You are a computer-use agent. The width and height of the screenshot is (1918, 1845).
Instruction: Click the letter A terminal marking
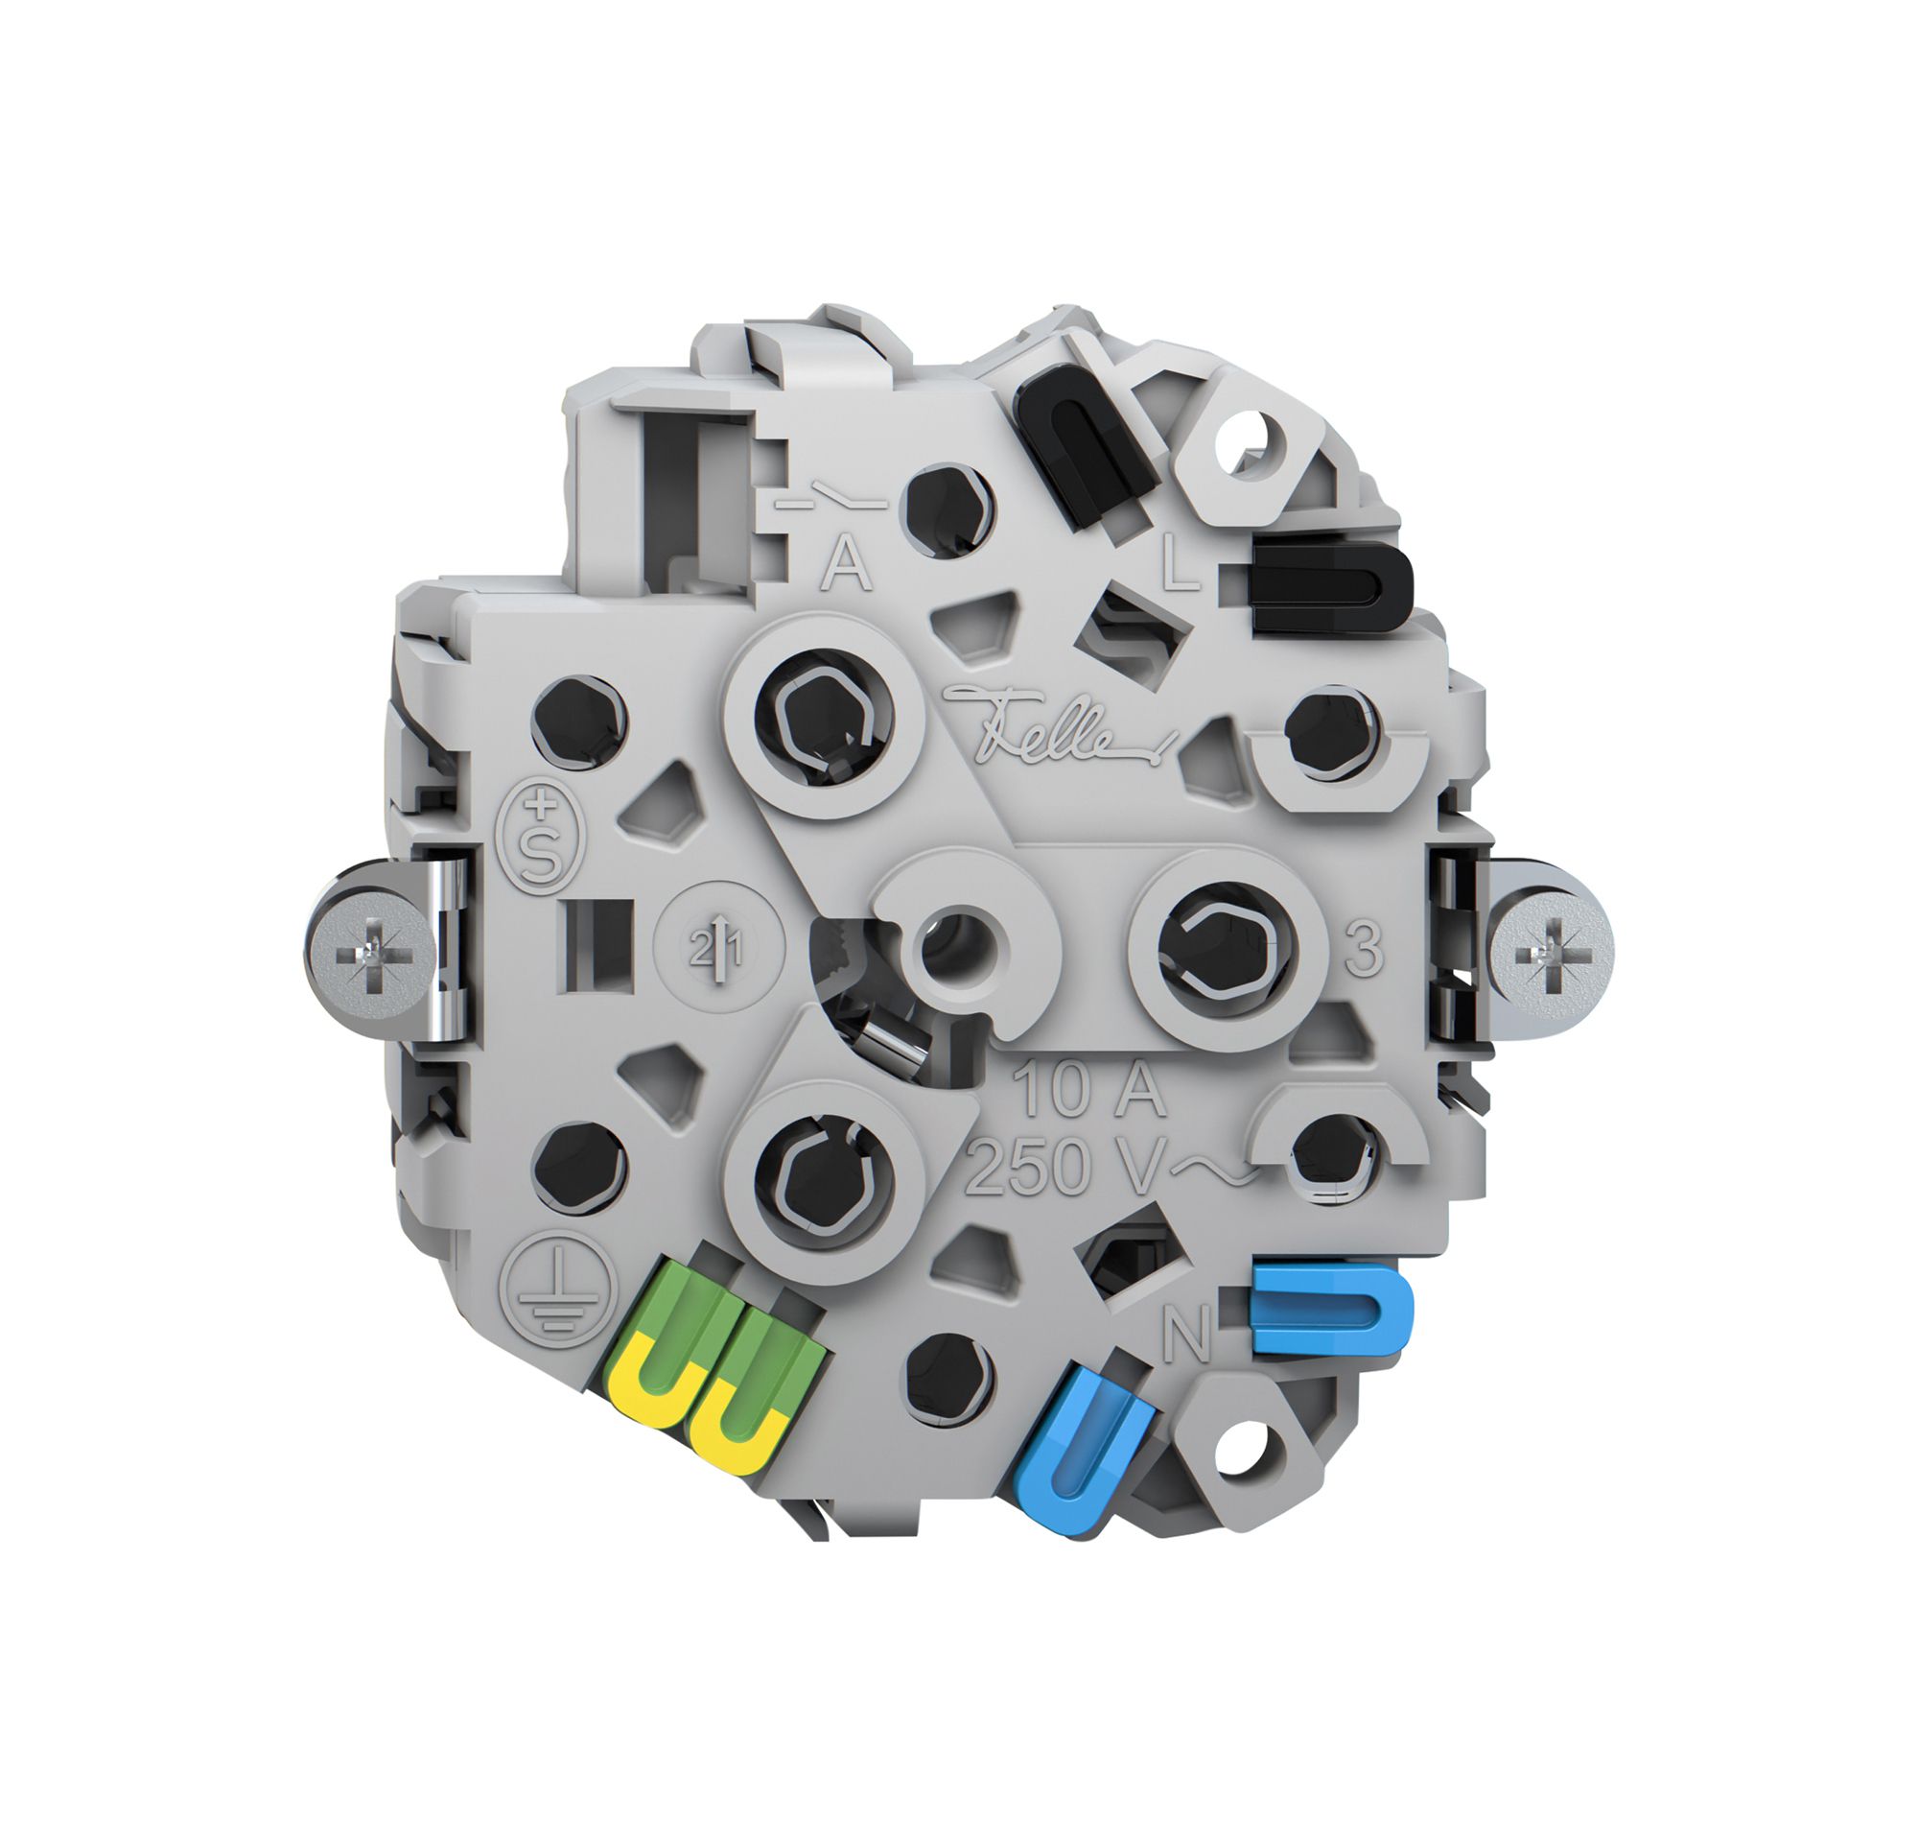coord(848,565)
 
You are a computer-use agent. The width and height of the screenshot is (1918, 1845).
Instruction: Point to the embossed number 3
coord(1363,948)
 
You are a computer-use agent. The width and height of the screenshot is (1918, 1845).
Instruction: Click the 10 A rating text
coord(1089,1089)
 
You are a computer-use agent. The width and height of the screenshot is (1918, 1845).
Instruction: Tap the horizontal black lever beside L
coord(1331,587)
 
